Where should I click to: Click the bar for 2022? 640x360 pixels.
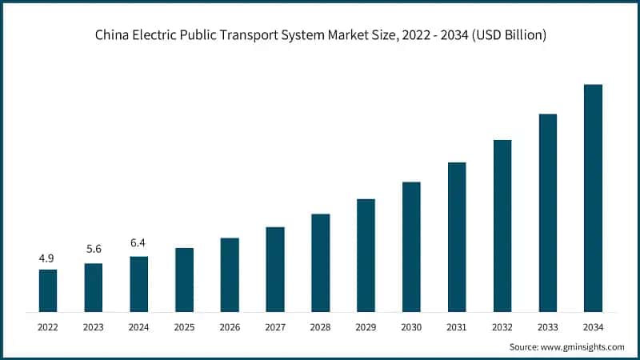(x=48, y=290)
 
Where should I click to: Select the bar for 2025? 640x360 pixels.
(x=184, y=279)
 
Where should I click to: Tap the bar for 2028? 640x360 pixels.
(x=320, y=262)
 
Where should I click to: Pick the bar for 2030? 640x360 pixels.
(x=411, y=246)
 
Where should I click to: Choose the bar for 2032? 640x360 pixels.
(x=502, y=226)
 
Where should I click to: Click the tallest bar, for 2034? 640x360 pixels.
(x=593, y=198)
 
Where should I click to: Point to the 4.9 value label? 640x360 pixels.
(x=48, y=258)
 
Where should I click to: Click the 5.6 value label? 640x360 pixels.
(x=94, y=249)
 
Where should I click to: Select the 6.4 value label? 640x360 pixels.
(x=138, y=242)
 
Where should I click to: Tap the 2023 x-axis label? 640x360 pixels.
(x=94, y=326)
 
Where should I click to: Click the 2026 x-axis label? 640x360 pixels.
(x=230, y=326)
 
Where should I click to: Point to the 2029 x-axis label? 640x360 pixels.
(x=366, y=326)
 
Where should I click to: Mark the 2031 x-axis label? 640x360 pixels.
(x=457, y=326)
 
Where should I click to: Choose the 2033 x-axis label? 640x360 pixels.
(x=547, y=326)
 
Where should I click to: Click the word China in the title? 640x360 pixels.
(x=113, y=35)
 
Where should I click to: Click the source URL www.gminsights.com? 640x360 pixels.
(x=584, y=346)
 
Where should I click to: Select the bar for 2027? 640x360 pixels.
(x=275, y=269)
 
